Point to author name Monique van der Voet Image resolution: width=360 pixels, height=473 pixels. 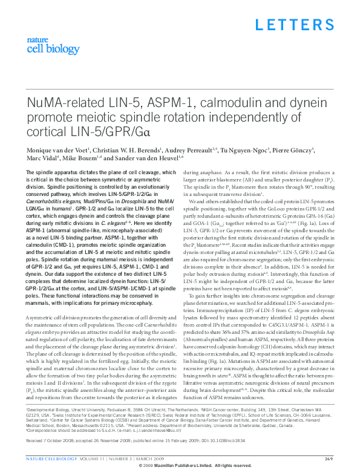(56, 150)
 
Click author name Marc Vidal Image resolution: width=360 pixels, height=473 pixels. (42, 159)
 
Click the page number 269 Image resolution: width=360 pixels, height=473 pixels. (329, 458)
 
